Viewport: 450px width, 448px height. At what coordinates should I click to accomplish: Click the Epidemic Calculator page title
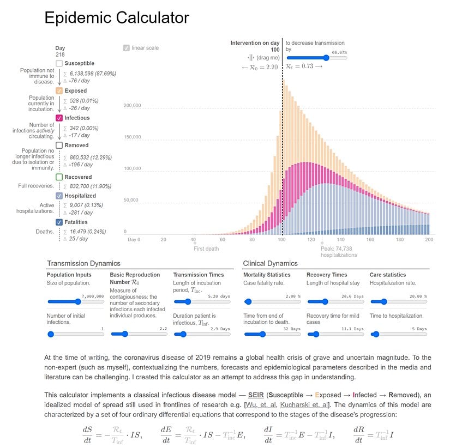(116, 18)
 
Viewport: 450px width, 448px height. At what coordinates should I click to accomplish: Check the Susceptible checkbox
(59, 64)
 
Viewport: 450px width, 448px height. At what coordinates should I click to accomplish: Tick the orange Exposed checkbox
(59, 90)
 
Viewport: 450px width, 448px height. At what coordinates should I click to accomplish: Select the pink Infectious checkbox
(59, 118)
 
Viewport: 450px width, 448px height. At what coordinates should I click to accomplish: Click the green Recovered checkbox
(59, 177)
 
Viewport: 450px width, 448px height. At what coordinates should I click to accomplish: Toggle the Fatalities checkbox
(59, 222)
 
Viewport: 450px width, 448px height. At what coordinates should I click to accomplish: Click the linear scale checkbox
(127, 48)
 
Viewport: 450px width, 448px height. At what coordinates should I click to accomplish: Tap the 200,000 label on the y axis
(133, 106)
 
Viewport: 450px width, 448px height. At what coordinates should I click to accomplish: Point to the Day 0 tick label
(134, 239)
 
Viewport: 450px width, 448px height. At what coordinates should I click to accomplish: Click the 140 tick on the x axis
(341, 239)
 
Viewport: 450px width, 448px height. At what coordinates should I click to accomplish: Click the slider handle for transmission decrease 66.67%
(326, 58)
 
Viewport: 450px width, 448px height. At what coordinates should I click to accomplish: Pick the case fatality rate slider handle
(248, 301)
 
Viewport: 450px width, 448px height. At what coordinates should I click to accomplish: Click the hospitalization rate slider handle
(383, 301)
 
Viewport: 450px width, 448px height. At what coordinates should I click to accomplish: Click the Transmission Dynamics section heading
(83, 263)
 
